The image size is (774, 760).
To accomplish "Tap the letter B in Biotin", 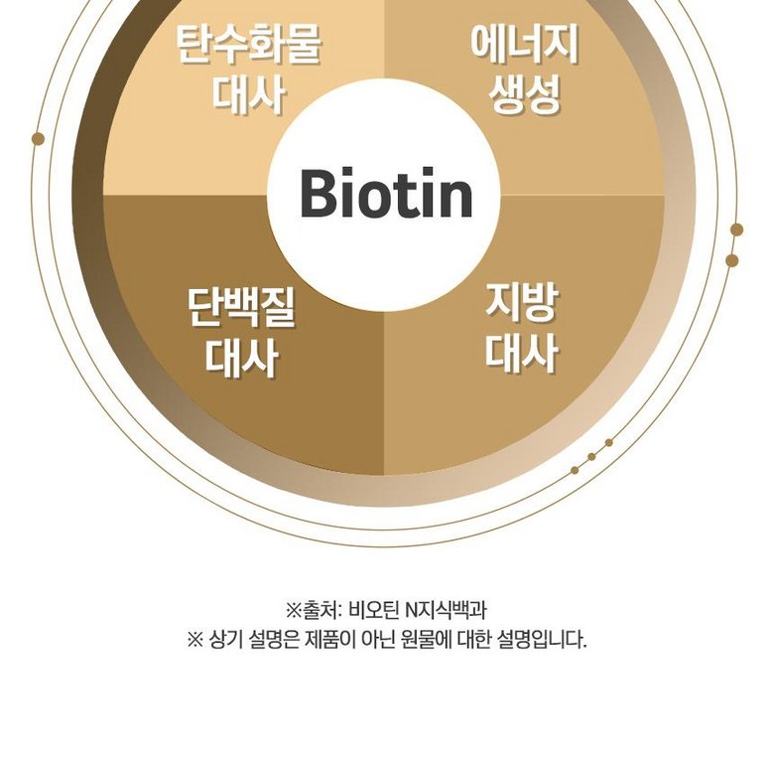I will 320,194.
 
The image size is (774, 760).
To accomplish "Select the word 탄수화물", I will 249,46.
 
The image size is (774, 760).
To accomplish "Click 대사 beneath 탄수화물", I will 249,96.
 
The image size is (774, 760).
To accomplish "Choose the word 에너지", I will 525,44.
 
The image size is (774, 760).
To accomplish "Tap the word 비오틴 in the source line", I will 376,609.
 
